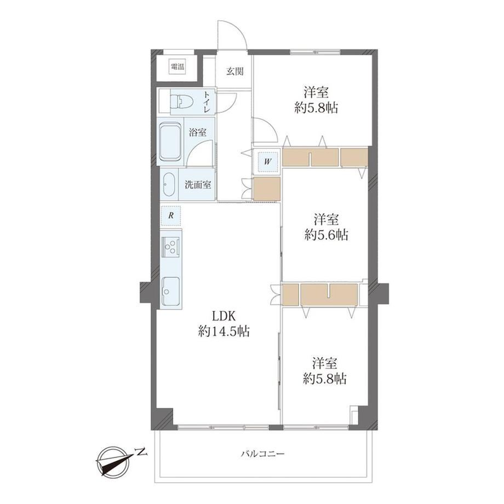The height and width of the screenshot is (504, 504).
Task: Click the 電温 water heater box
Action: click(177, 67)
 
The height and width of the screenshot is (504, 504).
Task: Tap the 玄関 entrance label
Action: click(234, 71)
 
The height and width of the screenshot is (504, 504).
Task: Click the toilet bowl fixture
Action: click(181, 101)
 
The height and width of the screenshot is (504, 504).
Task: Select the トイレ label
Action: click(206, 101)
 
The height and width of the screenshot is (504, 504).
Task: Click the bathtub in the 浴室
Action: click(170, 141)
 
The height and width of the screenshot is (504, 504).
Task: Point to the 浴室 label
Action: click(197, 132)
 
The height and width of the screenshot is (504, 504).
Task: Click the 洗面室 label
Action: click(198, 185)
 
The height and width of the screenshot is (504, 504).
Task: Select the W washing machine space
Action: click(267, 162)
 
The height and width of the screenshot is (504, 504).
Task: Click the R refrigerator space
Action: click(171, 215)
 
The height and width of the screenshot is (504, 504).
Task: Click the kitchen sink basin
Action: click(171, 291)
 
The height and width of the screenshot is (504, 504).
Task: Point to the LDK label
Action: click(224, 316)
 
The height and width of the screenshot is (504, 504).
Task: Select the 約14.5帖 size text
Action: click(224, 331)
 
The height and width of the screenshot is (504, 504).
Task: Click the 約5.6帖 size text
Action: click(327, 235)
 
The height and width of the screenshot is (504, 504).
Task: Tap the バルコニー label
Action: click(263, 454)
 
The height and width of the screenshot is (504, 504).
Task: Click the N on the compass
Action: click(141, 453)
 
